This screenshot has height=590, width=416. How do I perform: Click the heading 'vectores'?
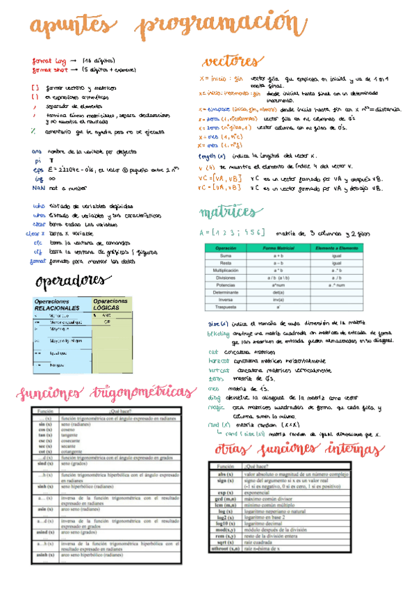click(x=233, y=61)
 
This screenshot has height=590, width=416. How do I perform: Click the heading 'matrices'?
click(x=227, y=211)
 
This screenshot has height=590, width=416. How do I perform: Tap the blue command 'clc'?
click(x=38, y=243)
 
